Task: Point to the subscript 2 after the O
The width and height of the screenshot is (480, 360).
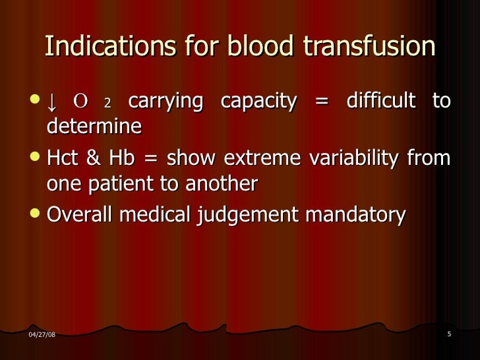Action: click(x=108, y=104)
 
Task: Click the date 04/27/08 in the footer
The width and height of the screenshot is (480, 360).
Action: click(x=42, y=335)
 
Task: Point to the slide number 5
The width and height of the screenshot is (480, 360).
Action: click(x=448, y=334)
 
